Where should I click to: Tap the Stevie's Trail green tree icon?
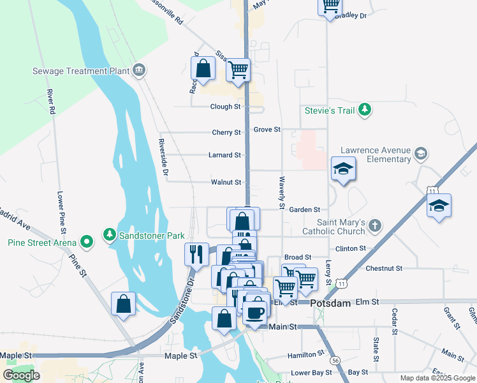364,110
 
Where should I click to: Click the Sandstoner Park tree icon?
110,236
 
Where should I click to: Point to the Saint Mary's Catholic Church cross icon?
375,226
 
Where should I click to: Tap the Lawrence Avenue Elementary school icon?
420,153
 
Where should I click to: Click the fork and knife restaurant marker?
196,253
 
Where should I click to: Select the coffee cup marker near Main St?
256,312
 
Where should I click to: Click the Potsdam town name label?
330,303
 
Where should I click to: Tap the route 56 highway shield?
335,360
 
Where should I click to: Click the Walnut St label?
225,183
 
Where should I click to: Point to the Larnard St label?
224,155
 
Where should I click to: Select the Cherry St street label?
226,133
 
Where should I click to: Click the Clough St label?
225,107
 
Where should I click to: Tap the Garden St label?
304,209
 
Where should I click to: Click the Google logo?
22,375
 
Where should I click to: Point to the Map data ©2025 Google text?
437,378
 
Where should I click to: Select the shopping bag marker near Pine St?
124,304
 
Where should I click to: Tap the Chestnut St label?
384,269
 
